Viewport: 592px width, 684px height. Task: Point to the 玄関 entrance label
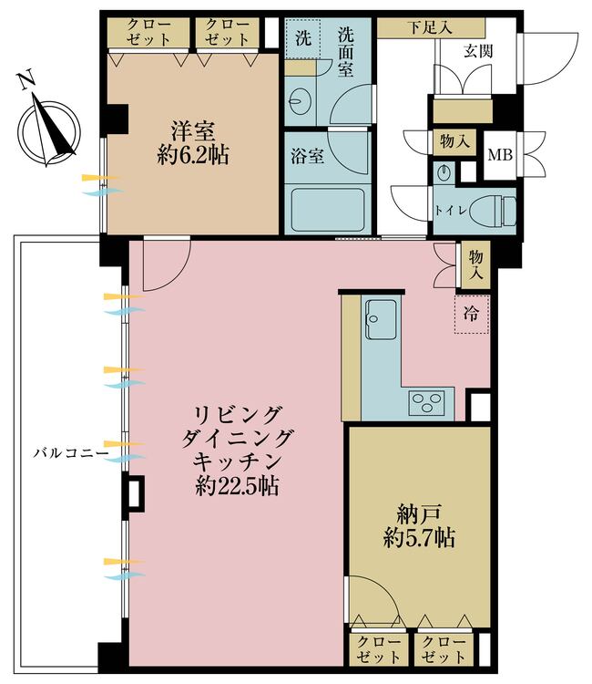pyautogui.click(x=479, y=52)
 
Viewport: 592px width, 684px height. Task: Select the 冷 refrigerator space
pyautogui.click(x=470, y=315)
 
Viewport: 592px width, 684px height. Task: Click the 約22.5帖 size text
pyautogui.click(x=238, y=486)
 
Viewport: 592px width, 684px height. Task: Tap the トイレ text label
pyautogui.click(x=449, y=209)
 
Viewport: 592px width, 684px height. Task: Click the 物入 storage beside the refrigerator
pyautogui.click(x=476, y=264)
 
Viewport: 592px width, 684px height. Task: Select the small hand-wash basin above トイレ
pyautogui.click(x=444, y=171)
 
